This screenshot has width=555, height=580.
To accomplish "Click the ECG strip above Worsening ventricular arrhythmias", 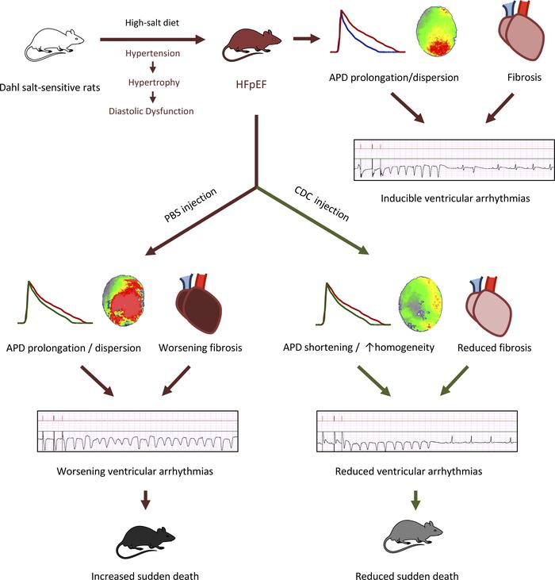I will (136, 432).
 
